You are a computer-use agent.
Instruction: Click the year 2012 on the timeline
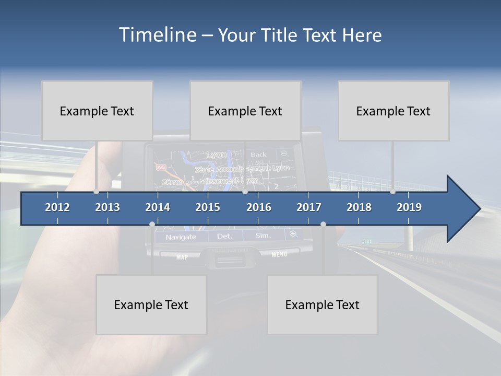click(57, 207)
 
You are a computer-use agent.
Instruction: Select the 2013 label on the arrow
click(108, 207)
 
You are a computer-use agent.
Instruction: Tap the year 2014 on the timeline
click(158, 207)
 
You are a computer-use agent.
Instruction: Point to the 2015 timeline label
click(208, 207)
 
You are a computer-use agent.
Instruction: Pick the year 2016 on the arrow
click(259, 207)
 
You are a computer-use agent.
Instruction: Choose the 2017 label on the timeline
click(309, 207)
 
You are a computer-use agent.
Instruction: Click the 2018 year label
click(359, 207)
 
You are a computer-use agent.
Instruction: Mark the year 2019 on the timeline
click(409, 207)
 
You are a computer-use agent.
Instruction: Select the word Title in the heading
click(280, 36)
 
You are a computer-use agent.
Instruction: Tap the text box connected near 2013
click(97, 111)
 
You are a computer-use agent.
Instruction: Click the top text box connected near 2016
click(245, 111)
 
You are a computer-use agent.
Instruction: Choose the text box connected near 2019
click(393, 111)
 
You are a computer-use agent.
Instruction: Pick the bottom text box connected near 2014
click(151, 304)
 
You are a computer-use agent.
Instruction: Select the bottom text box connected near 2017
click(323, 304)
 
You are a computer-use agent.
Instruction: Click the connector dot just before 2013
click(96, 192)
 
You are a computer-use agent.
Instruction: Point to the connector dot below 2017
click(323, 224)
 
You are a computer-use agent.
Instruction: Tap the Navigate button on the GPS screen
click(181, 237)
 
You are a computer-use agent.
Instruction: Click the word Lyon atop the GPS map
click(217, 155)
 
